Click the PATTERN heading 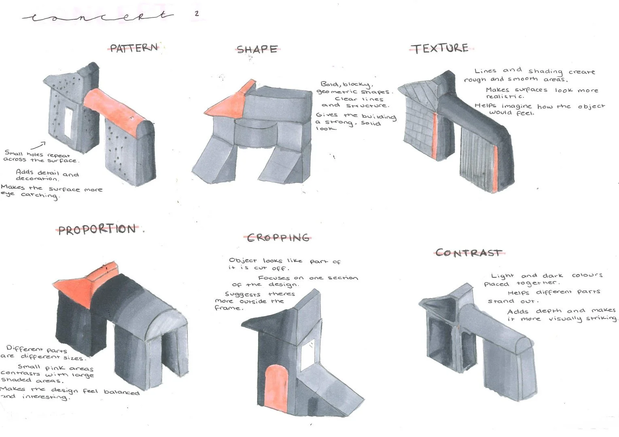click(x=134, y=48)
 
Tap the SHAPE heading click(x=257, y=49)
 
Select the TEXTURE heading click(x=440, y=48)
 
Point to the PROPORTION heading click(x=97, y=229)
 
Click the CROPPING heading click(x=278, y=238)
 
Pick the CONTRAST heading click(x=468, y=253)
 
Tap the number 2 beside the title click(x=197, y=13)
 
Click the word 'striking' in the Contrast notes click(x=601, y=318)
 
